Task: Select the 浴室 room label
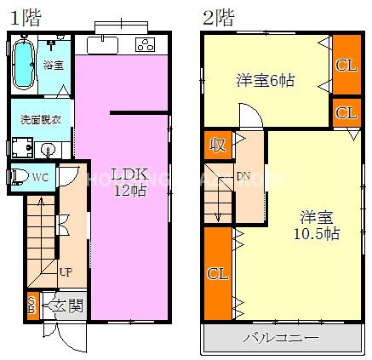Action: click(54, 65)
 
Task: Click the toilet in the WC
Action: click(14, 177)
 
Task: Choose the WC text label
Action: click(39, 177)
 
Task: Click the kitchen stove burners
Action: click(145, 44)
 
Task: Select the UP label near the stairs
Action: click(65, 272)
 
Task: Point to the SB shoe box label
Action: click(31, 305)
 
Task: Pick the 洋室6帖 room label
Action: click(265, 81)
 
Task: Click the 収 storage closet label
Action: click(218, 145)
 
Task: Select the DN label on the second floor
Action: click(243, 177)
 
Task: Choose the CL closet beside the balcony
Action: click(217, 274)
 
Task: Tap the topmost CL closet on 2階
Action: click(346, 65)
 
